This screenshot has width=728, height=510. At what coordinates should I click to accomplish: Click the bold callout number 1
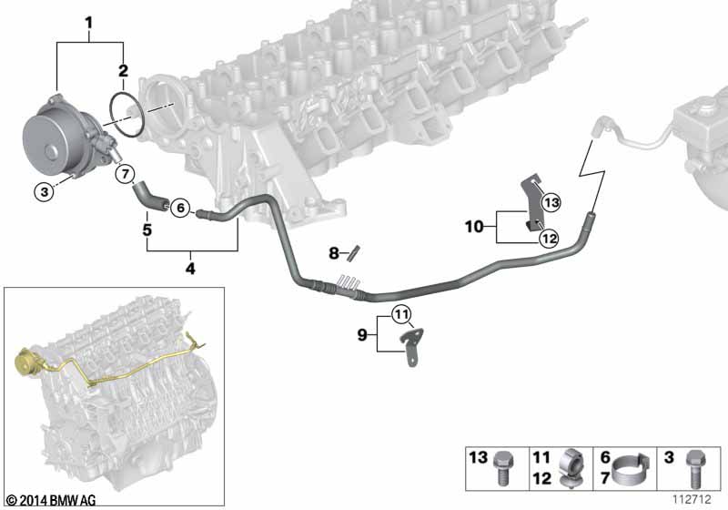pyautogui.click(x=88, y=22)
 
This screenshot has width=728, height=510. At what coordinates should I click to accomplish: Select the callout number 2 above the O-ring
pyautogui.click(x=123, y=71)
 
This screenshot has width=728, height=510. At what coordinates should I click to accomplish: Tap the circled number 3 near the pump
pyautogui.click(x=45, y=191)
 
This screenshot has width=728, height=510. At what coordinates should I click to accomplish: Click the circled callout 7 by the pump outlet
pyautogui.click(x=125, y=174)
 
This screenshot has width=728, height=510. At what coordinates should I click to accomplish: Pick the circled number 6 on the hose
pyautogui.click(x=180, y=207)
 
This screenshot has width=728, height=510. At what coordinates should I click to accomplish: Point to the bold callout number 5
pyautogui.click(x=147, y=229)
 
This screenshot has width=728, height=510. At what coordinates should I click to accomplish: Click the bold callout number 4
pyautogui.click(x=190, y=269)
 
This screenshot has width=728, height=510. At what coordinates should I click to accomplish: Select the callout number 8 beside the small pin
pyautogui.click(x=334, y=253)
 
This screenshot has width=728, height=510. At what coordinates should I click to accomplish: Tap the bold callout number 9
pyautogui.click(x=362, y=334)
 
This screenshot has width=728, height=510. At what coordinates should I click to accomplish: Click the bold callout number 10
pyautogui.click(x=474, y=227)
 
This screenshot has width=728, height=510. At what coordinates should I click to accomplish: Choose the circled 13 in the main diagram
pyautogui.click(x=551, y=202)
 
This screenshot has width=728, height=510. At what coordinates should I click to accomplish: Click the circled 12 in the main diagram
pyautogui.click(x=549, y=239)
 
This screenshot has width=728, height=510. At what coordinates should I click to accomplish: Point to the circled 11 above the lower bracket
pyautogui.click(x=401, y=314)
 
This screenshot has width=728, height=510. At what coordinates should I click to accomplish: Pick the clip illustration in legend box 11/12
pyautogui.click(x=571, y=468)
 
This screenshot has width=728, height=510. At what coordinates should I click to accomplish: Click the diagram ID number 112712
pyautogui.click(x=692, y=499)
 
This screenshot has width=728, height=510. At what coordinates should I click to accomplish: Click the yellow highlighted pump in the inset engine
pyautogui.click(x=27, y=360)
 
